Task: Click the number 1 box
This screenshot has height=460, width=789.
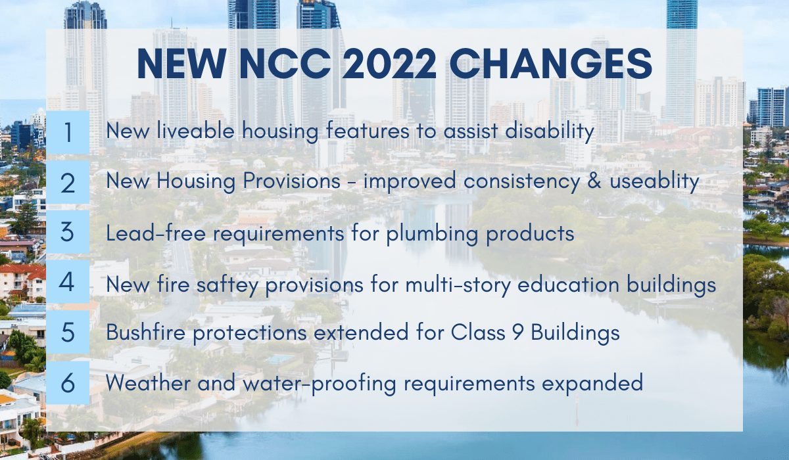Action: coord(68,132)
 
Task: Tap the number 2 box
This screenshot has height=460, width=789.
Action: coord(68,183)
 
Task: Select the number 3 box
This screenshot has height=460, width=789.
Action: coord(68,233)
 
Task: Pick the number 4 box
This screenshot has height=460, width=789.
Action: coord(68,283)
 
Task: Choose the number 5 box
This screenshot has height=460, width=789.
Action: coord(68,333)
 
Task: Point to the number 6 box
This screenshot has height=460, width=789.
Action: coord(68,382)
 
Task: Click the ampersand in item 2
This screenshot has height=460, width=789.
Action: coord(569,182)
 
